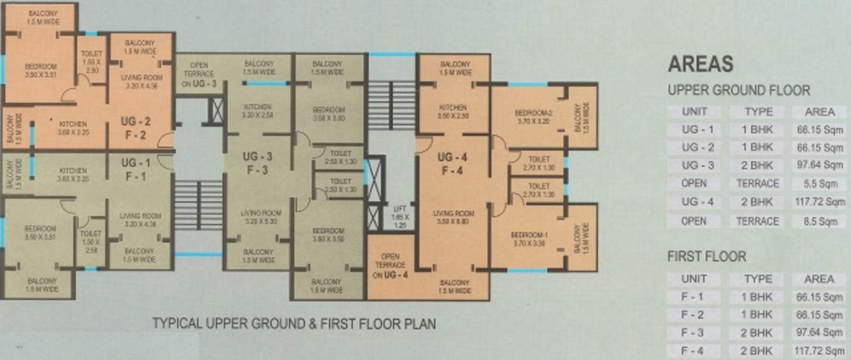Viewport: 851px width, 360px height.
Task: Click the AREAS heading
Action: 700,64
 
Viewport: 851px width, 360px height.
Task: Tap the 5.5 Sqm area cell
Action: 819,184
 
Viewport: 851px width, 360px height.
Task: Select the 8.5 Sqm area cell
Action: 819,221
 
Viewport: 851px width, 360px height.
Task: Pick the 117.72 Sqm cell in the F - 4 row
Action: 819,350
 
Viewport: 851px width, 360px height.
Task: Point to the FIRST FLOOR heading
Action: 706,257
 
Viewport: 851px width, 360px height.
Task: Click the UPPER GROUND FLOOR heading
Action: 739,90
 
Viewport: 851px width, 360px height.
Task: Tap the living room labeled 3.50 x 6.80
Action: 453,217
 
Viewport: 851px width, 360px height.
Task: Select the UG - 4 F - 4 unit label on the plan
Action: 453,164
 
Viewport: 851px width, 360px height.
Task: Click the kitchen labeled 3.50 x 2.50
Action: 453,112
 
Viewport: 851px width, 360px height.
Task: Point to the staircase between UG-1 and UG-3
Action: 198,205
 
